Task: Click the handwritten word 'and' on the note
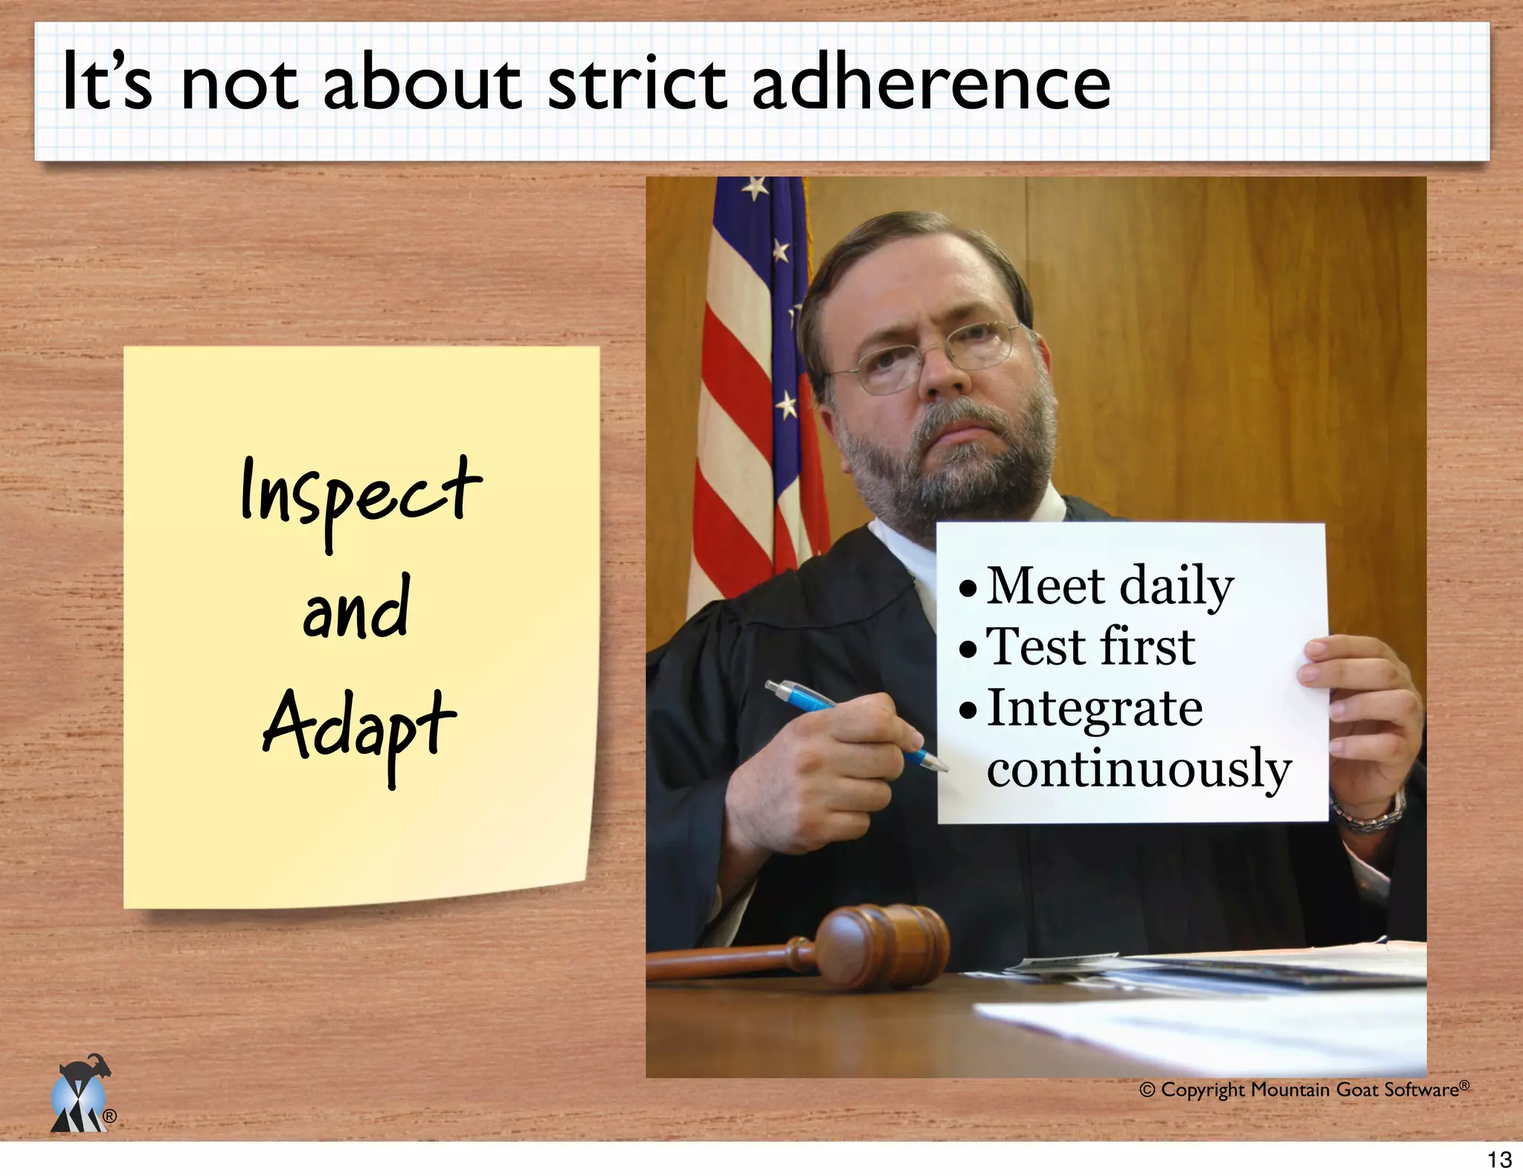click(x=356, y=609)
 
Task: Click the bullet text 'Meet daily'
click(x=1109, y=587)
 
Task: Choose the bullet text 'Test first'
click(x=1090, y=647)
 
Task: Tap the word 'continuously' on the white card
click(x=1139, y=769)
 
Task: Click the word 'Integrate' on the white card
click(x=1094, y=708)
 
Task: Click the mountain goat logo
click(x=80, y=1094)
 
